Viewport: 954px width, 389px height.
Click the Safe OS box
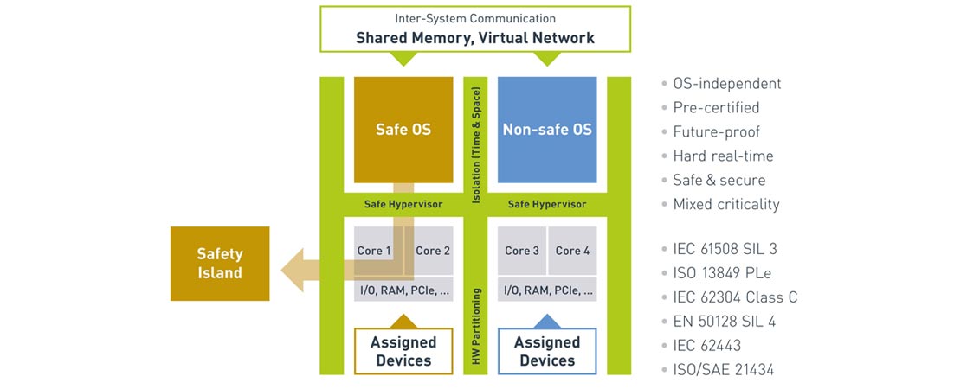(x=403, y=130)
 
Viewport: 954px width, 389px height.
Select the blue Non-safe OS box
(x=547, y=130)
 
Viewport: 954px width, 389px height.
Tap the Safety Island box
(x=220, y=264)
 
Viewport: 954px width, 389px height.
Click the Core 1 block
(x=374, y=251)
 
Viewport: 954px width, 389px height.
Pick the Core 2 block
(x=433, y=251)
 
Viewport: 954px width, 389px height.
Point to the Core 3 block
(x=522, y=251)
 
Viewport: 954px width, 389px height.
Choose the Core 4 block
(x=573, y=251)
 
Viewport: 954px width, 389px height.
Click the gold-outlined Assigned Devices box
(x=403, y=351)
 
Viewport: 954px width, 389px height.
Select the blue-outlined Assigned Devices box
(x=547, y=351)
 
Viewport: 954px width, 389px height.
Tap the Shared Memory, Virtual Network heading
(x=475, y=38)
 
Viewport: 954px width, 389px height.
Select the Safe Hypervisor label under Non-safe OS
(x=547, y=205)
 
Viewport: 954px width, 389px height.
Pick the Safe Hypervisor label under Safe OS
(x=403, y=205)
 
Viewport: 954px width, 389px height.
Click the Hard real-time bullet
(x=723, y=156)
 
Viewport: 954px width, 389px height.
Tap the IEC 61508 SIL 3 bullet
(x=725, y=249)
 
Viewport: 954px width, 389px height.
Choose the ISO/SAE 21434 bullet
(x=723, y=370)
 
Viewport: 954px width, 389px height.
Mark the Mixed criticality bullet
(x=725, y=205)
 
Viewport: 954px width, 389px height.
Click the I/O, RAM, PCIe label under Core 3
(x=547, y=290)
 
